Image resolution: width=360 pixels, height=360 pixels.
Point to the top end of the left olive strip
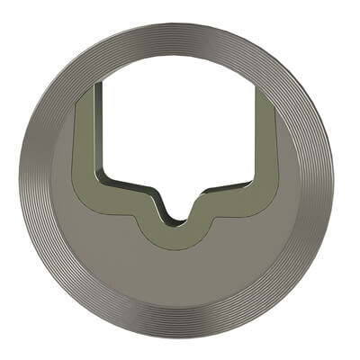(86, 91)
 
